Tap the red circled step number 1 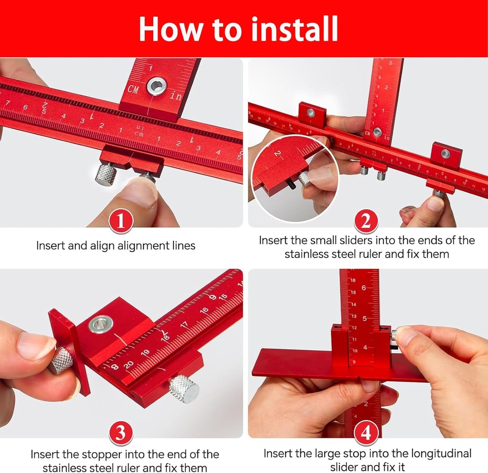(121, 221)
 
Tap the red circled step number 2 (366, 221)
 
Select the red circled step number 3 (121, 433)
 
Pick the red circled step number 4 (366, 433)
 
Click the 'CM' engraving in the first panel (133, 89)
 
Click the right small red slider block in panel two (446, 154)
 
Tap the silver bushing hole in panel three (101, 324)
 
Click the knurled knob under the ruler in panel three (184, 388)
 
